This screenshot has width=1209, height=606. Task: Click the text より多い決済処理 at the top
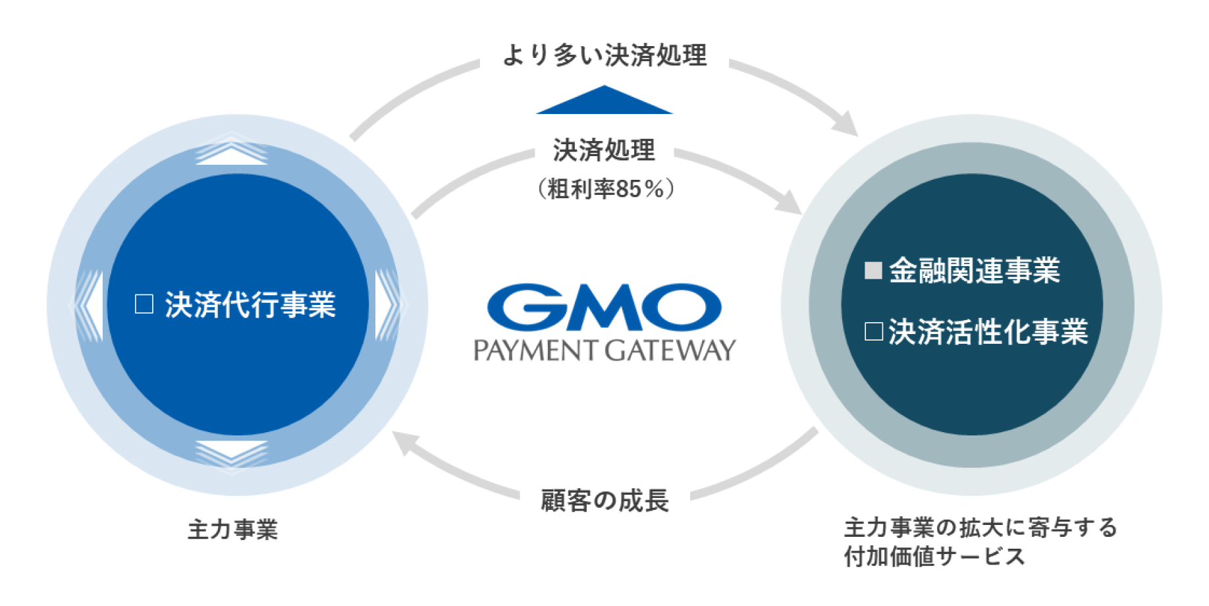(604, 55)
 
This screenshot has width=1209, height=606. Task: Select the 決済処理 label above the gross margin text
(604, 150)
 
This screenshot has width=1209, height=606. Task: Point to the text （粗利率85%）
(604, 189)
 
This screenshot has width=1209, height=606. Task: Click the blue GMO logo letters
(604, 307)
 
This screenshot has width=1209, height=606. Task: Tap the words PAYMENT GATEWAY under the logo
(604, 350)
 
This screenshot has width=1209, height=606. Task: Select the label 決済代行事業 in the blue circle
(250, 304)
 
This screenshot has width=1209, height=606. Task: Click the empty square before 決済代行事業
(144, 304)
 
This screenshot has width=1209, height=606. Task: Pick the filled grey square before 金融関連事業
(873, 271)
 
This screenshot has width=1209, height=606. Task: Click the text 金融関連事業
(975, 271)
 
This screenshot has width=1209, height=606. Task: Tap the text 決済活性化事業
(988, 331)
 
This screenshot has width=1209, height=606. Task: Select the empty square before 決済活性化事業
(873, 331)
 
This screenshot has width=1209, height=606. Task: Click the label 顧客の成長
(604, 501)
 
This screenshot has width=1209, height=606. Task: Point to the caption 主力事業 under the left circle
(232, 529)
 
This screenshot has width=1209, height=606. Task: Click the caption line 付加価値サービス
(935, 557)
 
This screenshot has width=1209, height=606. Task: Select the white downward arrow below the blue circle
(232, 452)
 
